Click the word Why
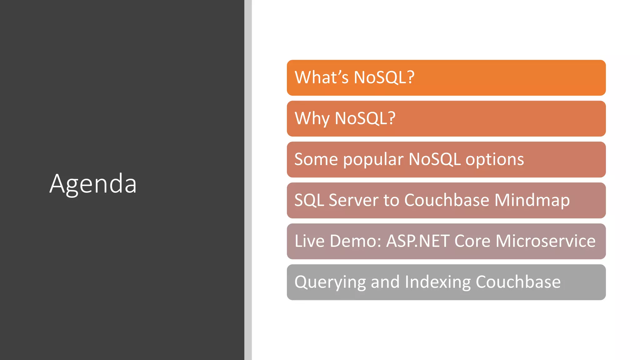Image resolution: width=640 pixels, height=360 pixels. (312, 118)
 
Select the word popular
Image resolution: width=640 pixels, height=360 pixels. (373, 160)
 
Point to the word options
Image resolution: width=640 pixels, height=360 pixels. (494, 160)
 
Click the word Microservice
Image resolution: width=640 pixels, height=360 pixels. (545, 241)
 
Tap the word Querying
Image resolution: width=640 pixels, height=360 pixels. (330, 282)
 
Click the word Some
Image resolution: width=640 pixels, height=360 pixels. (316, 160)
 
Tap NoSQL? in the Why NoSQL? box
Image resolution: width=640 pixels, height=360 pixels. (365, 118)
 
